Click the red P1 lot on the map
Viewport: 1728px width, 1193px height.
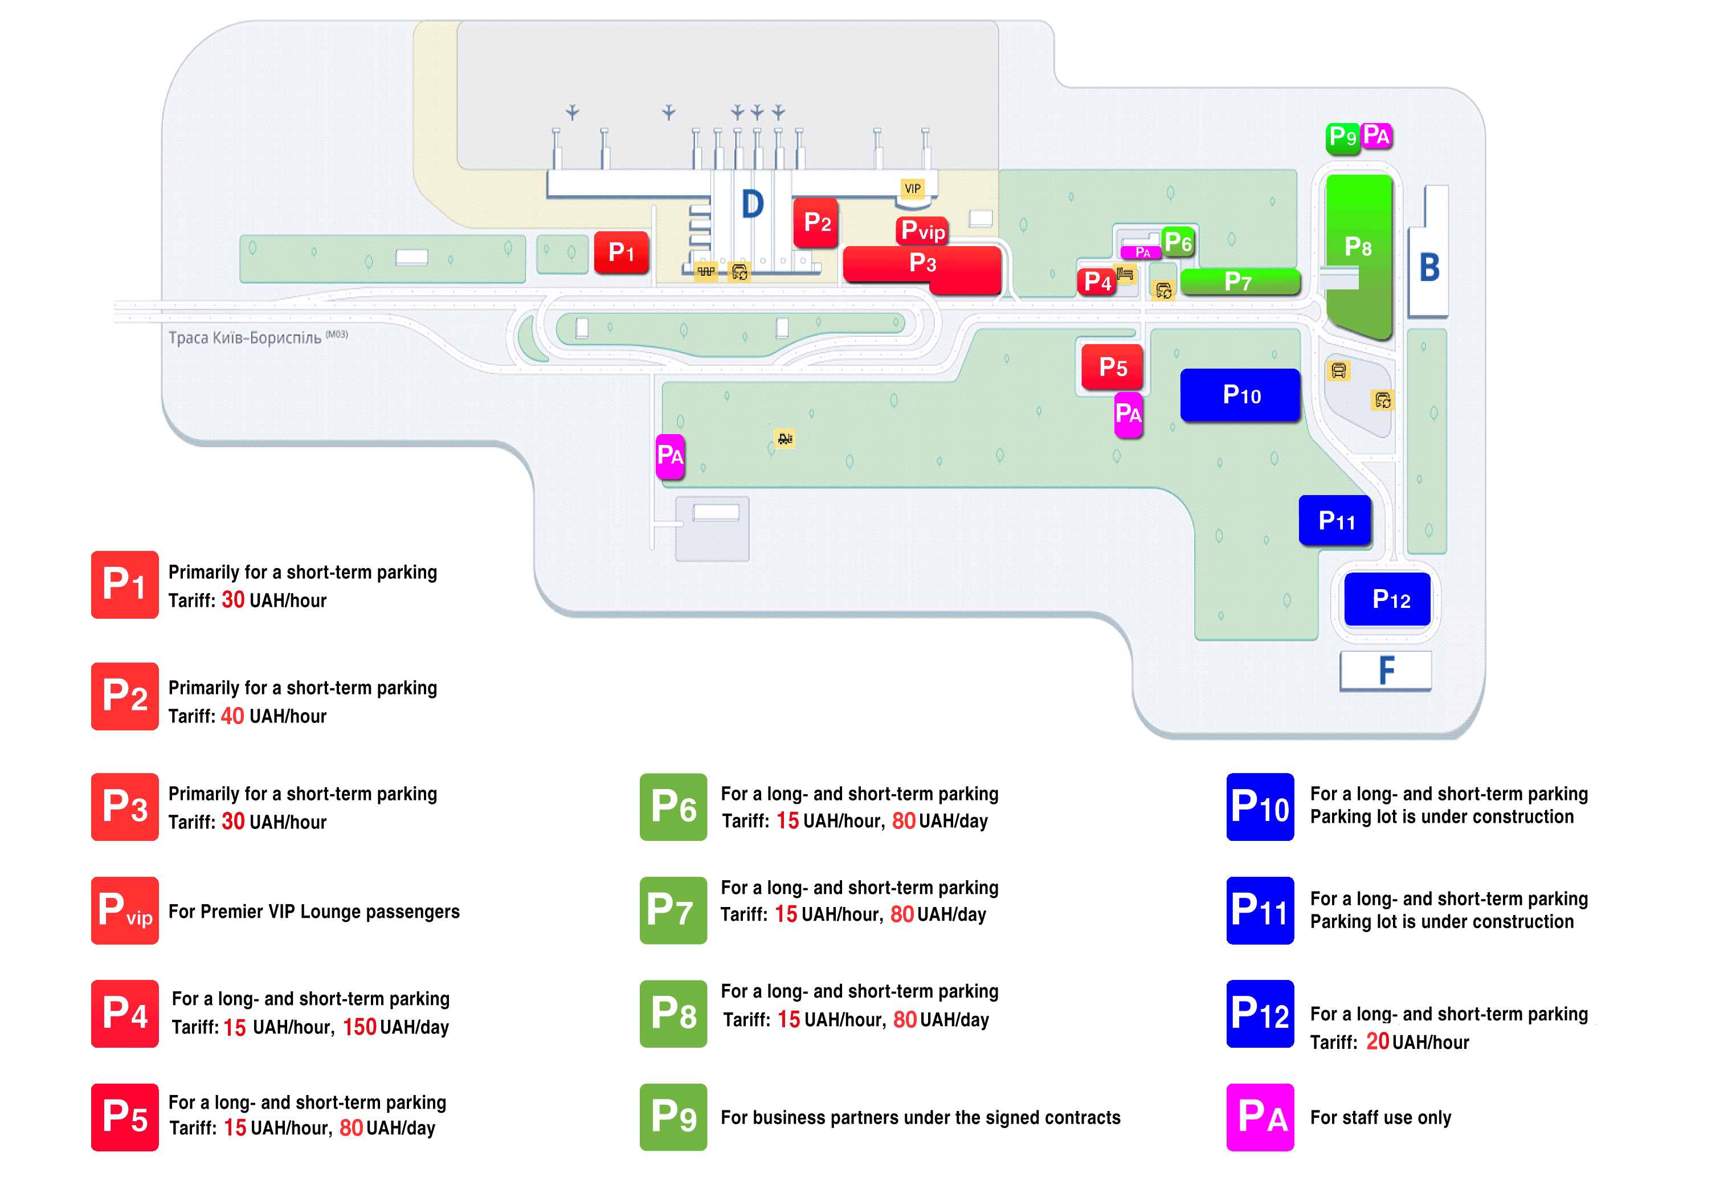click(x=620, y=252)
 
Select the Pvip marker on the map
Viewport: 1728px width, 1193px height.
click(x=922, y=230)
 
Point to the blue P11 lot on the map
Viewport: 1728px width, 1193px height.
click(x=1335, y=520)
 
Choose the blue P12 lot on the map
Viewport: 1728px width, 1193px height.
click(x=1387, y=599)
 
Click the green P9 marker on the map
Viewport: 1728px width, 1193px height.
click(x=1343, y=137)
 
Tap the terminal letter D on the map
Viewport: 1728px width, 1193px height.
click(x=753, y=204)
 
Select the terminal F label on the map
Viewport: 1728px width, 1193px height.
click(x=1386, y=670)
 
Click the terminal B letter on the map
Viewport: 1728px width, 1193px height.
click(x=1429, y=267)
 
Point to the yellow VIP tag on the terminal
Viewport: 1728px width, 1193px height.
click(x=913, y=189)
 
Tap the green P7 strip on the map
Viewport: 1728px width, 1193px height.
click(x=1240, y=282)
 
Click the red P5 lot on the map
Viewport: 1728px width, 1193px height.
click(x=1112, y=367)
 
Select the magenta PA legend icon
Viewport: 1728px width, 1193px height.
click(x=1260, y=1117)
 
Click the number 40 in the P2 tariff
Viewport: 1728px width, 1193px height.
click(x=232, y=716)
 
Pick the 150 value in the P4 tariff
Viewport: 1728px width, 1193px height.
click(x=360, y=1027)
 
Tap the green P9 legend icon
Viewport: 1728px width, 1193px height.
click(x=673, y=1117)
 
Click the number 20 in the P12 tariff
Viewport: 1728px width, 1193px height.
click(x=1378, y=1041)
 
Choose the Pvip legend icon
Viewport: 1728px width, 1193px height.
click(x=125, y=910)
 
